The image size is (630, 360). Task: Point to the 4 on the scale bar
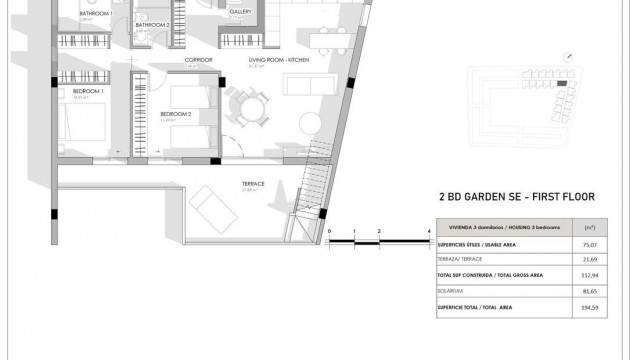coord(428,231)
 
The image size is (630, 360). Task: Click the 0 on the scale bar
coord(329,231)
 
